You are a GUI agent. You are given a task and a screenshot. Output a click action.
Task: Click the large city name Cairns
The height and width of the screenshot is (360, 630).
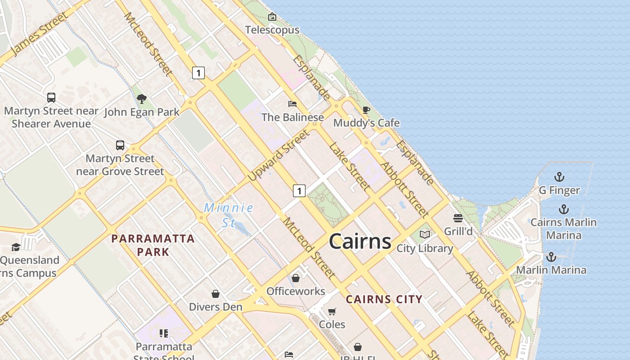360,242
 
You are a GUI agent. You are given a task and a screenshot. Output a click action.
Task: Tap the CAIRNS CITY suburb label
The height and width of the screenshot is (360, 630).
384,299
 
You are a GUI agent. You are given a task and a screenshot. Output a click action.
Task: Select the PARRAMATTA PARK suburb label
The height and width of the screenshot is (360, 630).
153,245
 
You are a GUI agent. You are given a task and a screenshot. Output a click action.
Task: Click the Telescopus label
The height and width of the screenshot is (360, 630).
272,30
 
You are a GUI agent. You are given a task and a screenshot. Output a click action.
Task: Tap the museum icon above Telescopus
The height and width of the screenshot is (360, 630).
272,17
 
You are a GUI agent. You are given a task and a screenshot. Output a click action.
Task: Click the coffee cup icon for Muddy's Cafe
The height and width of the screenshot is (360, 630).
366,110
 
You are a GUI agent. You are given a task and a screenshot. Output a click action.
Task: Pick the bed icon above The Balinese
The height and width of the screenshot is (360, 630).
292,104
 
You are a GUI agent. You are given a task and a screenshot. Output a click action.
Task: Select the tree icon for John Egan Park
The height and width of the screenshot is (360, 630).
142,99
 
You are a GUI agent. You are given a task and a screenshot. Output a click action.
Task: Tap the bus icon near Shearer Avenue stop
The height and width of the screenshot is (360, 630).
51,97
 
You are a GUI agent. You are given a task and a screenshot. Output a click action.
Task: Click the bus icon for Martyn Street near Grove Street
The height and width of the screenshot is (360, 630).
120,145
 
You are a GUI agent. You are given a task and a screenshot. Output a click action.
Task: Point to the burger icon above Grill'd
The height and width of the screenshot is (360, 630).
458,218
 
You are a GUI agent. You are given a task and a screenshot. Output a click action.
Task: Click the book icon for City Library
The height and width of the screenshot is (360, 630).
425,234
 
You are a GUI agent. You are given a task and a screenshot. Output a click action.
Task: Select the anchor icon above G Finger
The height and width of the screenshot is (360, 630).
559,176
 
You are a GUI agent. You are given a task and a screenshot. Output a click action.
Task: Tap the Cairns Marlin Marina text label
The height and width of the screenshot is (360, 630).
563,229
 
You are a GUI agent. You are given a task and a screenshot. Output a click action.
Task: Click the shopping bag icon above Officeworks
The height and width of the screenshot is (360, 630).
296,278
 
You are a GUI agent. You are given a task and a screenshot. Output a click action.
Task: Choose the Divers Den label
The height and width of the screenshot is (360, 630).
216,307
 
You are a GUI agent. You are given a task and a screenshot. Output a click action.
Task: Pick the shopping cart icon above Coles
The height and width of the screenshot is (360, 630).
332,311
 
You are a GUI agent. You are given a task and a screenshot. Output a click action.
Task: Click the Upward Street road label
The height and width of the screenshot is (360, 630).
279,156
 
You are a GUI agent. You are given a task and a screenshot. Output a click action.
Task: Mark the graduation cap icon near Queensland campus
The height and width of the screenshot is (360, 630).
16,247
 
